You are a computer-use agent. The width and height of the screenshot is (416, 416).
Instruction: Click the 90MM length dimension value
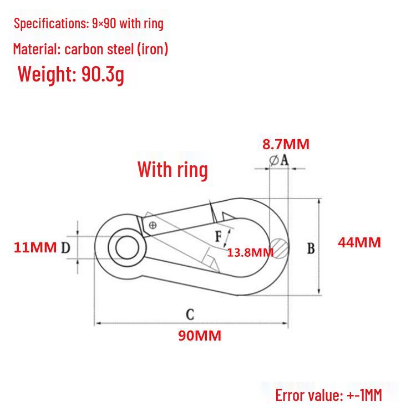coord(200,336)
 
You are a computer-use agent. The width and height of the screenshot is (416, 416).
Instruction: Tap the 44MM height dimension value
coord(359,242)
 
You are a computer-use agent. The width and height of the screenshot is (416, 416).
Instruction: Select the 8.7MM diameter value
coord(286,144)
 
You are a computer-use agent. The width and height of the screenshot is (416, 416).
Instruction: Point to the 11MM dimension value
coord(35,247)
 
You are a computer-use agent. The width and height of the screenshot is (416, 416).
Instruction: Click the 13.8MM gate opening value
coord(250,252)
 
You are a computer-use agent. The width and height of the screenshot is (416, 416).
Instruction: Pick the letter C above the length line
coord(190,314)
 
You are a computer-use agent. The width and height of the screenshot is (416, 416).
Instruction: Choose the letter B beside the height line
coord(311,248)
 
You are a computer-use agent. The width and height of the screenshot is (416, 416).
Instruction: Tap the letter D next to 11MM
coord(65,248)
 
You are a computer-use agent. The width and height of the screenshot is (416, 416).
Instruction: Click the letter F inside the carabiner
coord(219,236)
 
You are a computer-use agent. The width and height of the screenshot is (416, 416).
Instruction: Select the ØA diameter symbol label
coord(278,160)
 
